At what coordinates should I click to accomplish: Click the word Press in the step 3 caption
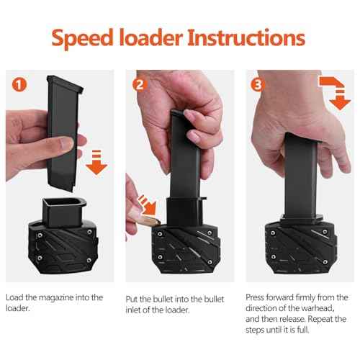click(256, 297)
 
